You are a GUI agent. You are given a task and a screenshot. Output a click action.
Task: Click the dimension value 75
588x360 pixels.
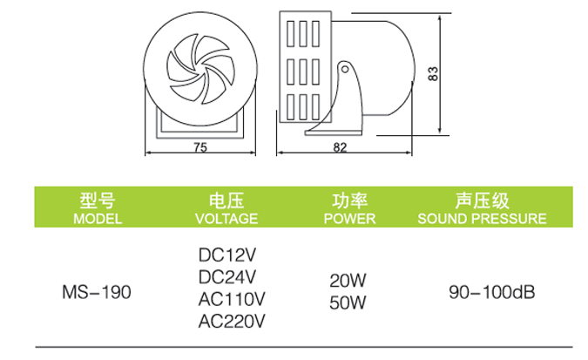[200, 148]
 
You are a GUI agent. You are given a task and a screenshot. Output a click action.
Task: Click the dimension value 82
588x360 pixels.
[341, 148]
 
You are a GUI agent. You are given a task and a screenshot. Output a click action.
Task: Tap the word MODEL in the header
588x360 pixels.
[98, 218]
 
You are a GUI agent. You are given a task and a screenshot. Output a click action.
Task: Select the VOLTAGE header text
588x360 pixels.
[226, 218]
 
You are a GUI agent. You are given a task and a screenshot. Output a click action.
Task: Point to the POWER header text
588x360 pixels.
[348, 218]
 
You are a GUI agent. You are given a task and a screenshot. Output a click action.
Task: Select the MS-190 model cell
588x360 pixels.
[98, 291]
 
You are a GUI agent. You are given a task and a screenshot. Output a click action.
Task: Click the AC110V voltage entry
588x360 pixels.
[231, 300]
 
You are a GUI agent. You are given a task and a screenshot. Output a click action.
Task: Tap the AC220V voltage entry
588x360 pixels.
[231, 322]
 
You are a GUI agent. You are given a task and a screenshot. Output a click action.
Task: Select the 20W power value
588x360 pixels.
[348, 281]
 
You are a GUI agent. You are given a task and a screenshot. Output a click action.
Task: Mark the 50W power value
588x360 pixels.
[348, 302]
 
